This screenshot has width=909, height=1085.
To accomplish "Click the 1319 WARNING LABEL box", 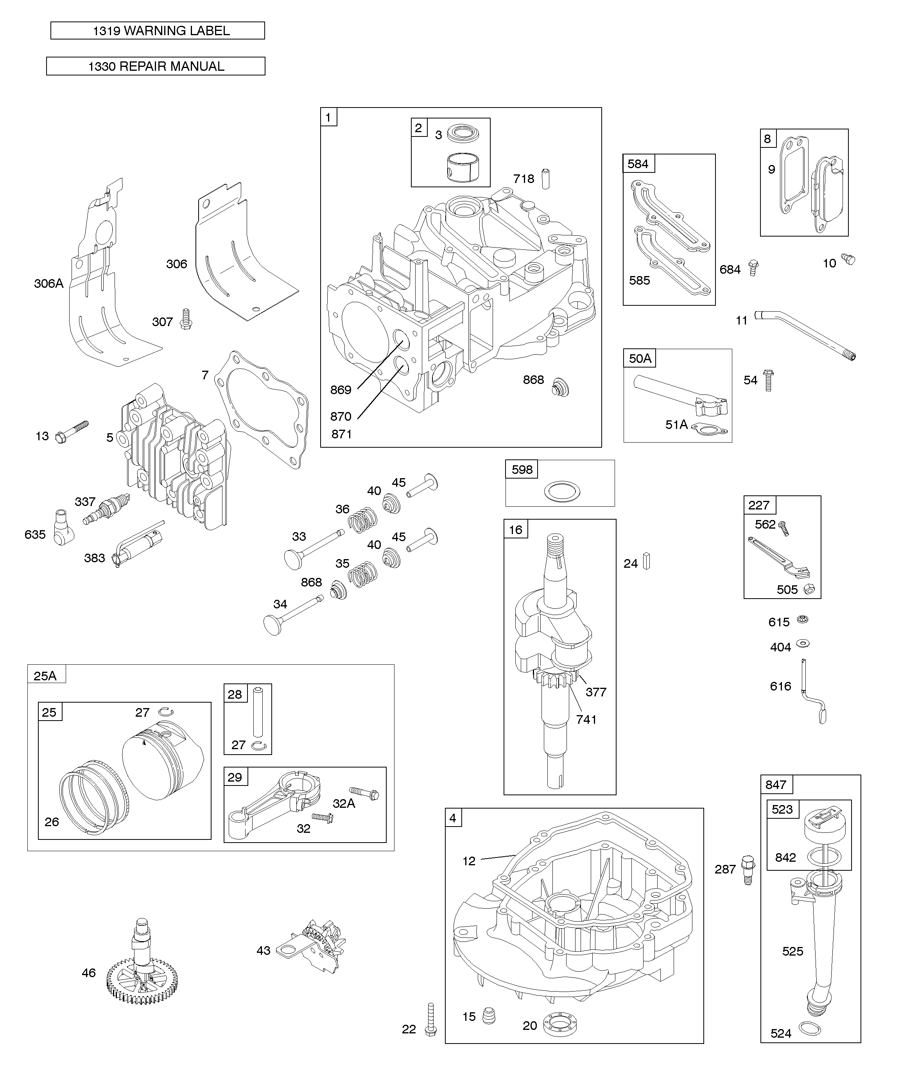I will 158,30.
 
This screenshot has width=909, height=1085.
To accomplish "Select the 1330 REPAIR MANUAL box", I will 156,66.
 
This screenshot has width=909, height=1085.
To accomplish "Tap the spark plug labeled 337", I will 107,509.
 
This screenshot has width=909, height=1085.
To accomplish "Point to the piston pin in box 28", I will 258,711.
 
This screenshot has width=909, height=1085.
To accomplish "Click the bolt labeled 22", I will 430,1019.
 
